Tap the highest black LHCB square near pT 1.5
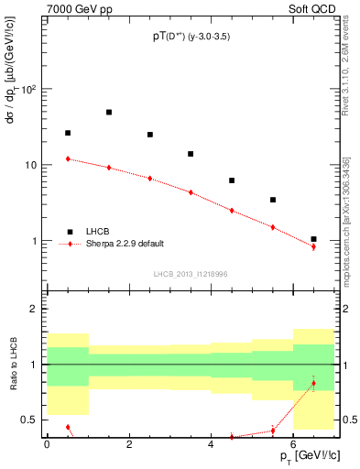coord(109,113)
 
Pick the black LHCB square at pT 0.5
coord(68,133)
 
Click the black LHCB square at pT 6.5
coord(313,239)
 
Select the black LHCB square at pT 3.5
coord(191,154)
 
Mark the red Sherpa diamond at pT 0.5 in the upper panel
coord(68,158)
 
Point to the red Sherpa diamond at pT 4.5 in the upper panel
coord(232,211)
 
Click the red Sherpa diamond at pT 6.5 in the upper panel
coord(313,246)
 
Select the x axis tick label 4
coord(212,444)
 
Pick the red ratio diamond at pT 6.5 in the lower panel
coord(313,383)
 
